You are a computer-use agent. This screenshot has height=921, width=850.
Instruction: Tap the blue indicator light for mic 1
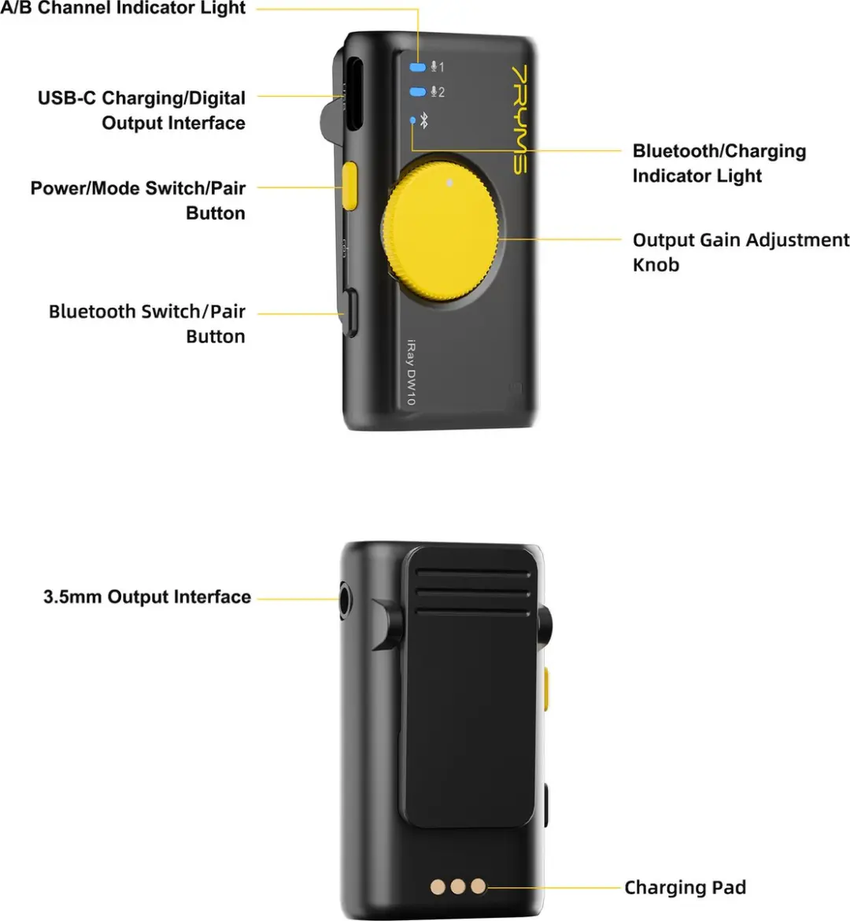pyautogui.click(x=418, y=67)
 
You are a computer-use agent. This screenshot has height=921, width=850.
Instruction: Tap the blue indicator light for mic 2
pyautogui.click(x=418, y=91)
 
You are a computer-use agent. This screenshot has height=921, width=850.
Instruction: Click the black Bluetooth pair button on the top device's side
pyautogui.click(x=350, y=313)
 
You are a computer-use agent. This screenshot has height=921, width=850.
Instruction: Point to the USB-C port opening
pyautogui.click(x=353, y=93)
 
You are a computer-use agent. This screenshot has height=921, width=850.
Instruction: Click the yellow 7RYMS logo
pyautogui.click(x=520, y=119)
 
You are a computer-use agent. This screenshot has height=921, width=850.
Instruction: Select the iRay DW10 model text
pyautogui.click(x=411, y=372)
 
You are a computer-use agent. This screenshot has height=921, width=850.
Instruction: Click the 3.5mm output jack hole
pyautogui.click(x=346, y=601)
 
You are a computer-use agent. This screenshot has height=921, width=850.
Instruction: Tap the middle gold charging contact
pyautogui.click(x=457, y=886)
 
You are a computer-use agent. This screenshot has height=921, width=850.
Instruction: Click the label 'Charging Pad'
pyautogui.click(x=685, y=887)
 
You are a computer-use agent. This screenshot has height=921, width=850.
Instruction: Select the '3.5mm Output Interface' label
pyautogui.click(x=147, y=597)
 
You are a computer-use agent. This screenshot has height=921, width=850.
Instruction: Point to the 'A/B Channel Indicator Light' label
pyautogui.click(x=123, y=8)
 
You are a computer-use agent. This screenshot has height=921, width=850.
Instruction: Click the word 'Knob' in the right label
pyautogui.click(x=656, y=265)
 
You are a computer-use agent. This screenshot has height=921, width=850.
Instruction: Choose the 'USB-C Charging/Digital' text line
pyautogui.click(x=142, y=98)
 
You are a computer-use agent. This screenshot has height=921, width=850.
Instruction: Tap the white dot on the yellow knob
pyautogui.click(x=449, y=183)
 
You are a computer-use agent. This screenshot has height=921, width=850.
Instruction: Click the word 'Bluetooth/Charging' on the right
pyautogui.click(x=719, y=151)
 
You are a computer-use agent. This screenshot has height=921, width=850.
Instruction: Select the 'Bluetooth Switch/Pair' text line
pyautogui.click(x=147, y=311)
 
